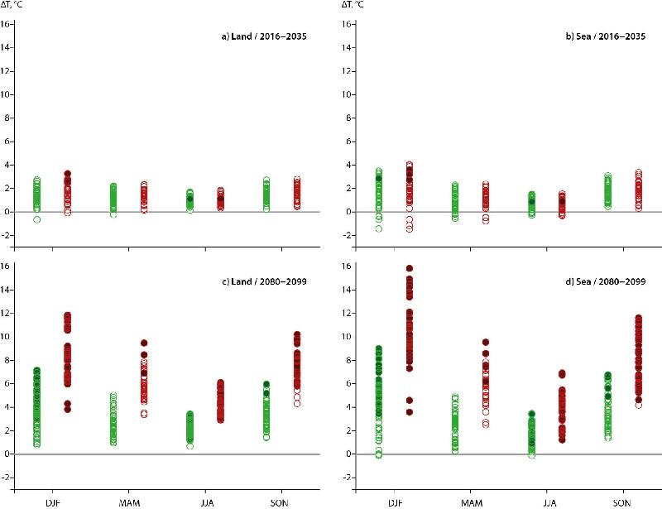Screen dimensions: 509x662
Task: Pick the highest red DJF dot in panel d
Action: [x=409, y=269]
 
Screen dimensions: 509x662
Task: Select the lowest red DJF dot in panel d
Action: [x=409, y=412]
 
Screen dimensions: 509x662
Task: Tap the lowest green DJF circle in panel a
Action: [x=36, y=219]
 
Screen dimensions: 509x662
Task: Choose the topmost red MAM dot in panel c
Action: [x=144, y=343]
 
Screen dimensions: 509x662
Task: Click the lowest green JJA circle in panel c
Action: [x=189, y=446]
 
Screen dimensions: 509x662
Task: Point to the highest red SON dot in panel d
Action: [x=638, y=318]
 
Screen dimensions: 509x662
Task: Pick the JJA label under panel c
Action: [x=205, y=501]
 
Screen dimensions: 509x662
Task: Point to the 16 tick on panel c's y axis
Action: [x=7, y=267]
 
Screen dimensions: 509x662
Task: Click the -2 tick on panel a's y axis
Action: [x=7, y=236]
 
